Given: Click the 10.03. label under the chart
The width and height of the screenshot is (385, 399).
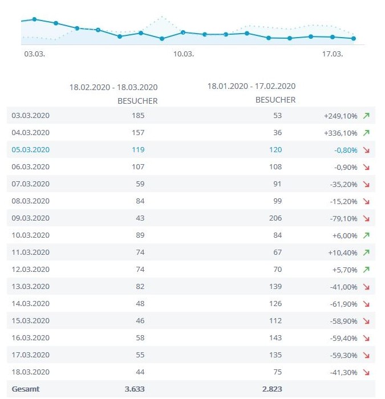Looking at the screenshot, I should [x=184, y=54].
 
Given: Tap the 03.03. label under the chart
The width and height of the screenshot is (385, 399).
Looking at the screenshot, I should [x=34, y=54].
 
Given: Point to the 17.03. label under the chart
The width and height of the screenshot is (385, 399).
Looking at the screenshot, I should [x=333, y=54].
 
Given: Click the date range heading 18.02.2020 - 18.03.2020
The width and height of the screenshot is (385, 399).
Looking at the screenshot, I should [x=114, y=87].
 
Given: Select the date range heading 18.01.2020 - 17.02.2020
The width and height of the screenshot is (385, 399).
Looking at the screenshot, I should [x=252, y=86].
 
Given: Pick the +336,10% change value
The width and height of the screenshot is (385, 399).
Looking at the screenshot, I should [x=341, y=132].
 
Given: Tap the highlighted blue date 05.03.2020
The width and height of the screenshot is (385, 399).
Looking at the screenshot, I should [x=31, y=149].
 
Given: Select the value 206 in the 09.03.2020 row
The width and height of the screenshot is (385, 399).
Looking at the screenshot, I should [x=275, y=218].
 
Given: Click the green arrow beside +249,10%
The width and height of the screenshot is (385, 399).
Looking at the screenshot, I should [x=366, y=116].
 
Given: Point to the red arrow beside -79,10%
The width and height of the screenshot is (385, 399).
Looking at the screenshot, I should [x=366, y=218].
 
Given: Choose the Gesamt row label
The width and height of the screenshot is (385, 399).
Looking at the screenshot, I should [x=26, y=389].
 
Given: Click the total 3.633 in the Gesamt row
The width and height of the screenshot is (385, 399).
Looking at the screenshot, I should [x=135, y=389].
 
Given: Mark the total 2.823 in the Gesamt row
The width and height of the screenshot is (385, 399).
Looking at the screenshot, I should [x=271, y=389].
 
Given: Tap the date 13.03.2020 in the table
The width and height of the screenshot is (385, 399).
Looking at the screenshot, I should [x=31, y=286].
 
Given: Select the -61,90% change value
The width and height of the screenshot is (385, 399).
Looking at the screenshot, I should [x=345, y=303].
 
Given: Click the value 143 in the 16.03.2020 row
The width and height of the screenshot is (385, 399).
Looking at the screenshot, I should [x=275, y=337].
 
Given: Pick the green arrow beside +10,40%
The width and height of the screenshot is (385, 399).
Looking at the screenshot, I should [x=366, y=253].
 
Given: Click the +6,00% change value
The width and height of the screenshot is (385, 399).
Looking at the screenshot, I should [x=346, y=235].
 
